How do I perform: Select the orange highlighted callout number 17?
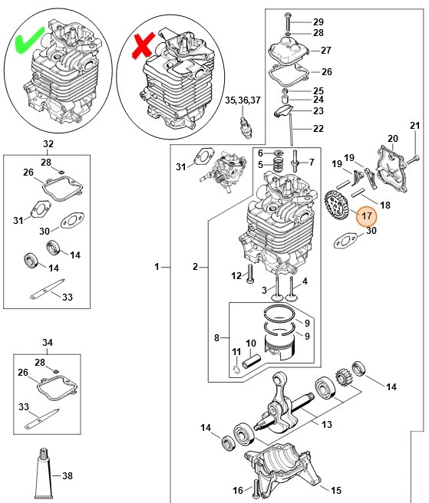(367, 215)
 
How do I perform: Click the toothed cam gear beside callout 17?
(338, 205)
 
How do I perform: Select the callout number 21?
(415, 126)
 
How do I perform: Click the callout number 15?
(336, 489)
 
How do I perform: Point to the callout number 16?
(238, 488)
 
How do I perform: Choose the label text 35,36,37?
(243, 100)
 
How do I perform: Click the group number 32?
(48, 144)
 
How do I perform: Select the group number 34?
(48, 342)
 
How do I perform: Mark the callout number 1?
(157, 267)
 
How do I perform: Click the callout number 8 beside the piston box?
(217, 337)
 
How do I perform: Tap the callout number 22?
(318, 128)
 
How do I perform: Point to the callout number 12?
(236, 275)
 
